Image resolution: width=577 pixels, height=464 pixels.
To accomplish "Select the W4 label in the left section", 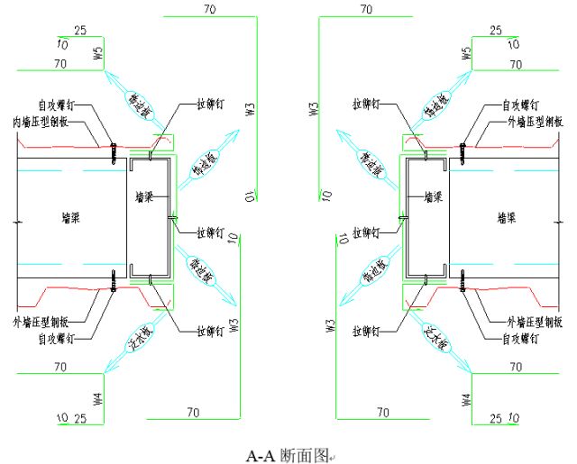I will pos(99,398).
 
